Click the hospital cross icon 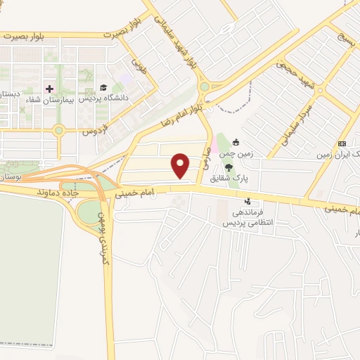(x=49, y=89)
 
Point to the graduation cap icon (x=104, y=88)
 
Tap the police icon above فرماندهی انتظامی (x=247, y=202)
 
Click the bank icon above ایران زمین (x=342, y=143)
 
